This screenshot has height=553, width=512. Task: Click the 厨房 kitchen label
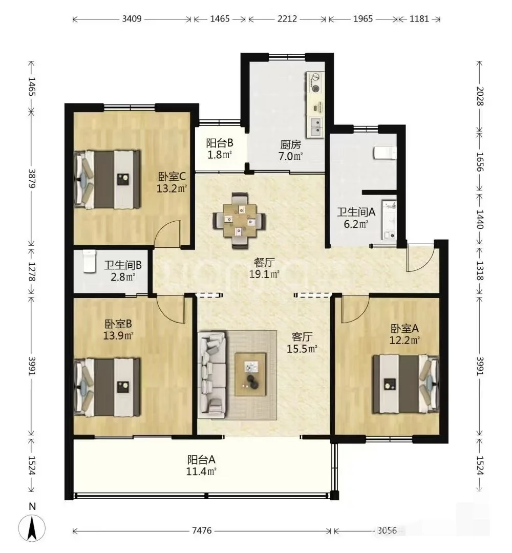point(291,144)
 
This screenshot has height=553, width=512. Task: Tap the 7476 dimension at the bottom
point(202,531)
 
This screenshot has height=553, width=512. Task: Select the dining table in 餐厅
point(240,220)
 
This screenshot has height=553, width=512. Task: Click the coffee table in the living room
point(251,374)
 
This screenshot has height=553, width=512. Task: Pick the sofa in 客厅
point(212,374)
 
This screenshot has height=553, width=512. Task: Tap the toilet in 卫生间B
point(90,261)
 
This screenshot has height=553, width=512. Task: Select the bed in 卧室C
point(107,179)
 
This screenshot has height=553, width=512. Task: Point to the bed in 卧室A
point(406,384)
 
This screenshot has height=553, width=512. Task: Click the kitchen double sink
point(316,127)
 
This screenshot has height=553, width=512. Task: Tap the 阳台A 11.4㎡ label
point(201,465)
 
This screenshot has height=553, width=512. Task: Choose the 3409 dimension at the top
point(132,19)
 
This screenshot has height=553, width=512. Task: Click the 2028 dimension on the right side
point(480,96)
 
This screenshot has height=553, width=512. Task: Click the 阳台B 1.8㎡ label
point(219,148)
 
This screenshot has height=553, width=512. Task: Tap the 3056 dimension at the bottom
point(387,530)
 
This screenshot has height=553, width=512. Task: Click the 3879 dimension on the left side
point(32,179)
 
